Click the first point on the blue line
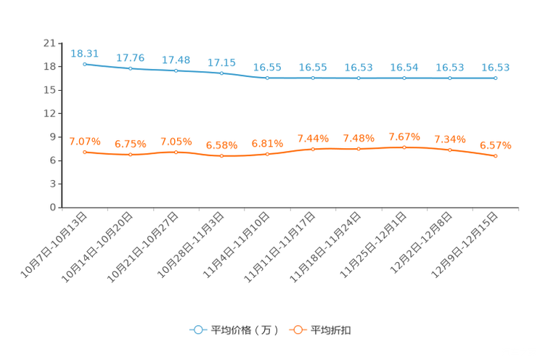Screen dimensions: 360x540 [85, 64]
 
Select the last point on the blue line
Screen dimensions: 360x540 [496, 77]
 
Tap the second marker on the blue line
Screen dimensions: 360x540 [131, 68]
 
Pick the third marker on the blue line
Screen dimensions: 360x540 [176, 70]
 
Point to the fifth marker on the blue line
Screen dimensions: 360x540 [268, 77]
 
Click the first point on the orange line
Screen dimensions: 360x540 [85, 152]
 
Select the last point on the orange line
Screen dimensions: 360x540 [496, 156]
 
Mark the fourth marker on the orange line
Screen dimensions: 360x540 [222, 156]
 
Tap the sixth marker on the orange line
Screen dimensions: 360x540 [314, 149]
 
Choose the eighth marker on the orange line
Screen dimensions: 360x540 [404, 147]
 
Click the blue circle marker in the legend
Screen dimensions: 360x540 [197, 330]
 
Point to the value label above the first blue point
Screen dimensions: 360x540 [84, 53]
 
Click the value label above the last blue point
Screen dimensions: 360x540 [496, 67]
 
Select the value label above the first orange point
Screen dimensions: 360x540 [84, 141]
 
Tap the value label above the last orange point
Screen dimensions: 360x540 [496, 146]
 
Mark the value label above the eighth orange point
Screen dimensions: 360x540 [404, 136]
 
